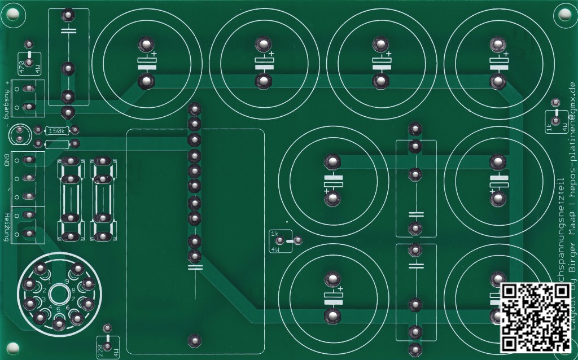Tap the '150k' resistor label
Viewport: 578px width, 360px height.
click(x=57, y=131)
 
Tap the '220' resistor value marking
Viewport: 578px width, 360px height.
click(x=100, y=349)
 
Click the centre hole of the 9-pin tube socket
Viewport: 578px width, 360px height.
click(x=58, y=294)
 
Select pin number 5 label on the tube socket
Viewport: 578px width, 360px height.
click(x=58, y=310)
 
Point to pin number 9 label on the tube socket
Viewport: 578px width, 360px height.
click(x=67, y=280)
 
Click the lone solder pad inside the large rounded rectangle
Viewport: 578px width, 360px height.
click(x=195, y=340)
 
